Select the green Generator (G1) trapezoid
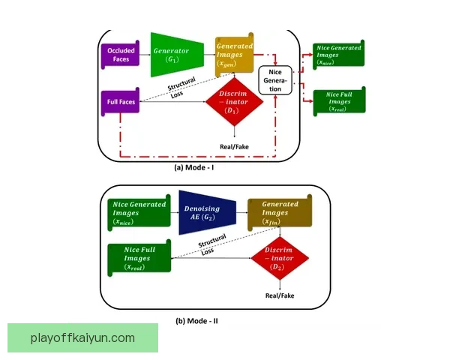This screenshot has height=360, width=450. [174, 54]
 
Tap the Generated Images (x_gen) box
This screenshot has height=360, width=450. [234, 54]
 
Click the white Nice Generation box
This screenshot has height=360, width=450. [275, 80]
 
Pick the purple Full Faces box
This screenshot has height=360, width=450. [119, 100]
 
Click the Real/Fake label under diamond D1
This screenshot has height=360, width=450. [235, 145]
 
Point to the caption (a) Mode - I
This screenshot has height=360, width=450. [194, 168]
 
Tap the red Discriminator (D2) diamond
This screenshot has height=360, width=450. [277, 259]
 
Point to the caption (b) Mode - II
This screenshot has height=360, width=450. [196, 321]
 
